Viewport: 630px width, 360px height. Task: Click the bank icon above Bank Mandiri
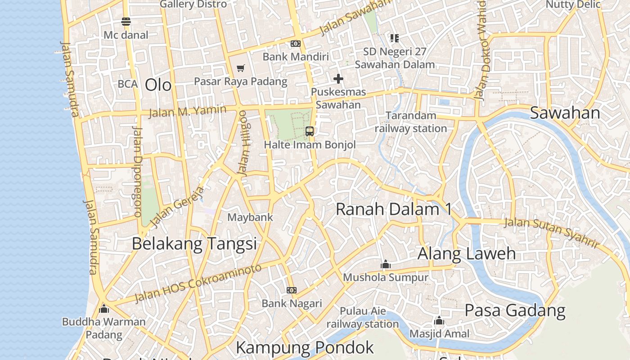(296, 44)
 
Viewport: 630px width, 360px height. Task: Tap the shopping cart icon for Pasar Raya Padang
(241, 68)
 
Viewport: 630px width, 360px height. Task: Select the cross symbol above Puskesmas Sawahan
(338, 79)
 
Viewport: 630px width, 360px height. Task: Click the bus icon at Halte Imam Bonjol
(310, 131)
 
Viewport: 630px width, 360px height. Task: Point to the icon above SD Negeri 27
(395, 38)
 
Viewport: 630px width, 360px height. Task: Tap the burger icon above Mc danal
(126, 22)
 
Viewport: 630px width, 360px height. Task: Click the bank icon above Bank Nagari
(292, 290)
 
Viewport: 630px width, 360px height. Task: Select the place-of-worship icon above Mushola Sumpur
(386, 265)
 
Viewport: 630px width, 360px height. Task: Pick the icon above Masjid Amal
(439, 321)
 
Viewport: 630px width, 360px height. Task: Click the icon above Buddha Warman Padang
(104, 309)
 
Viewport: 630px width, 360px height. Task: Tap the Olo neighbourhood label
(158, 85)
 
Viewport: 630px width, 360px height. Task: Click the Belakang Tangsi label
(194, 243)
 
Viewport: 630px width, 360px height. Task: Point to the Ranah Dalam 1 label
(394, 209)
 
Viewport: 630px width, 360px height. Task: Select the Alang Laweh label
(466, 253)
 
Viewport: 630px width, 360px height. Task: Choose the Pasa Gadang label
(515, 310)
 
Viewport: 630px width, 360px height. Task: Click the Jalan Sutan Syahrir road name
(552, 232)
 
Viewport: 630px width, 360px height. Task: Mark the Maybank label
(250, 217)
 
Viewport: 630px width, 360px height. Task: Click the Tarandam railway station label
(411, 122)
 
